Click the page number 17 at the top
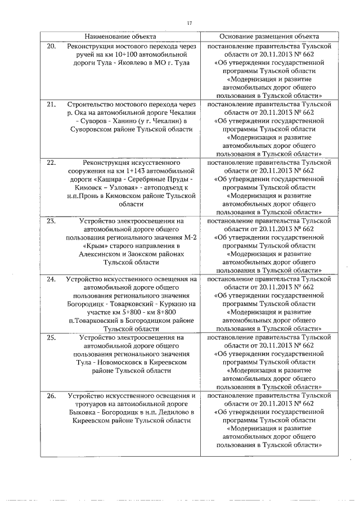189,23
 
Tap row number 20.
51,46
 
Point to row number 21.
51,105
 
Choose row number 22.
51,163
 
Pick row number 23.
51,222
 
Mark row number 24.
51,280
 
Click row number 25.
51,338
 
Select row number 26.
51,397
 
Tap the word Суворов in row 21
92,121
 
